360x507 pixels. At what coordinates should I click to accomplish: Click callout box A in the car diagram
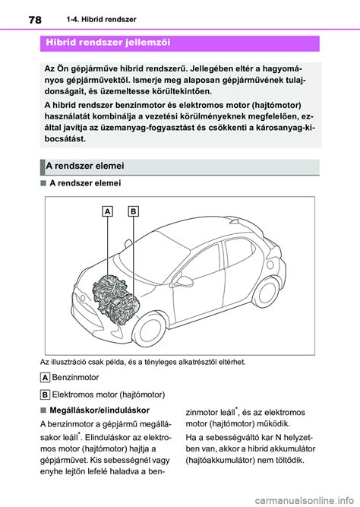pyautogui.click(x=108, y=211)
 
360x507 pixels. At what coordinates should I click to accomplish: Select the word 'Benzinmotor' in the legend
pyautogui.click(x=77, y=377)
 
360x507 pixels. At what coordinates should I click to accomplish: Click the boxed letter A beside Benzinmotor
pyautogui.click(x=45, y=377)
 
